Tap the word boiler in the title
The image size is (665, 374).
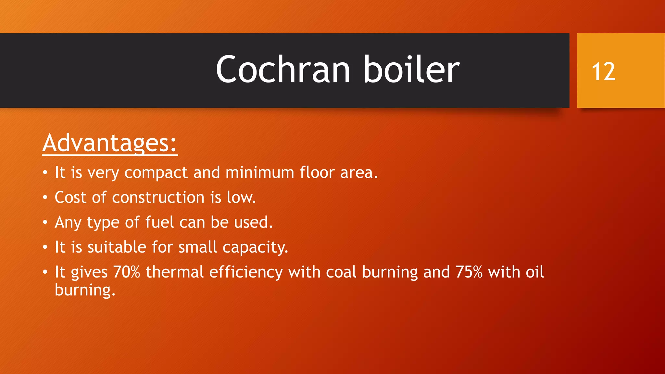point(411,70)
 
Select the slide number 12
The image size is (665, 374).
point(603,72)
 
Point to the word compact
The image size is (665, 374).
point(156,173)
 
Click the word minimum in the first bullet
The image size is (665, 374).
point(260,172)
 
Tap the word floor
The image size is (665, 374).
point(317,172)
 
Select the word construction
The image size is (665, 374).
point(158,197)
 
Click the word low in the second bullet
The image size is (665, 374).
point(241,197)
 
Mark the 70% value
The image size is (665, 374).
point(126,272)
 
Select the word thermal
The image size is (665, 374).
point(175,272)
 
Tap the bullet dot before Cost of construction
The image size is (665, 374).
point(45,198)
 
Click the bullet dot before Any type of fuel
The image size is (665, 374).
point(45,223)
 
